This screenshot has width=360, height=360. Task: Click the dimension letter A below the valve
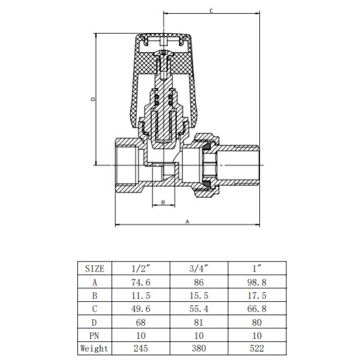coord(187,222)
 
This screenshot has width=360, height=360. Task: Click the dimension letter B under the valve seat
coord(163,202)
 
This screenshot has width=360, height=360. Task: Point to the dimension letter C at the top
coord(211,11)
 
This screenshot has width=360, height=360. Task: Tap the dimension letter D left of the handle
coord(93,99)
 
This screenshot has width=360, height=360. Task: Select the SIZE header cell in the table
coord(95,268)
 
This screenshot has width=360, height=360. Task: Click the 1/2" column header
coord(140,268)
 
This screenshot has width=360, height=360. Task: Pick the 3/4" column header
coord(199,268)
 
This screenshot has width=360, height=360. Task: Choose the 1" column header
coord(257,268)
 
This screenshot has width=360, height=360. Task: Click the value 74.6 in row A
coord(141,282)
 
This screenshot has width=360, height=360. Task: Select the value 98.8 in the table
coord(257,282)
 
